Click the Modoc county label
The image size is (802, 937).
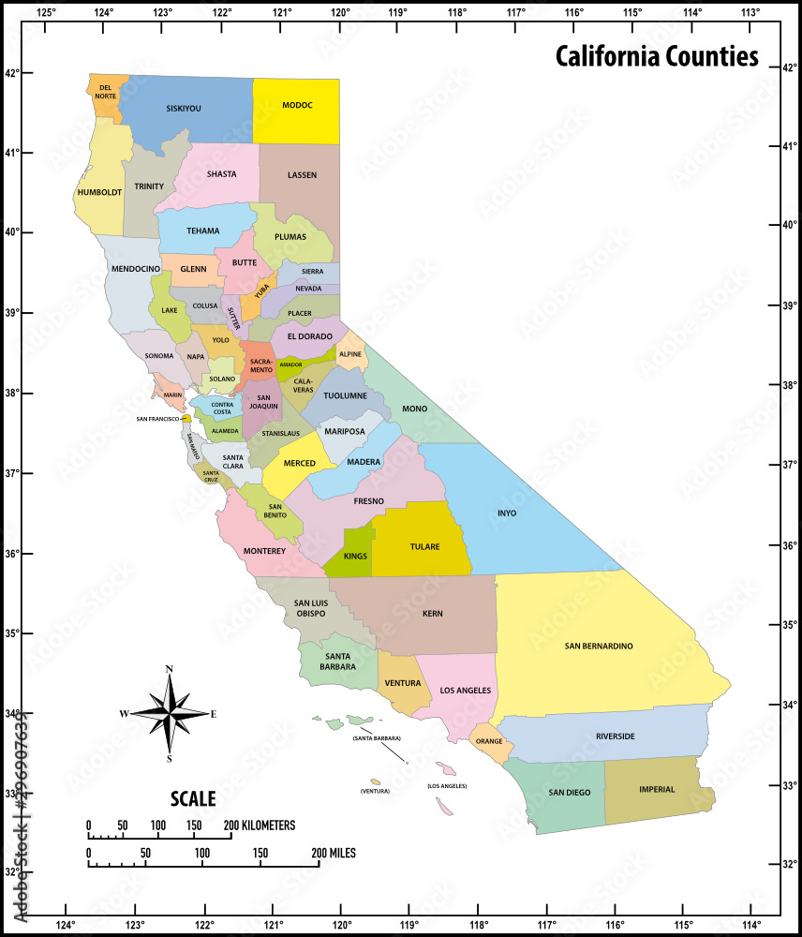coord(297,106)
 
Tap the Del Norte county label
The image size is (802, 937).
coord(106,92)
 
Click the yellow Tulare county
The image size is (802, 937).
coord(424,545)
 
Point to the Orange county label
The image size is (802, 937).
coord(489,740)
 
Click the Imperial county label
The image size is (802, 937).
coord(657,789)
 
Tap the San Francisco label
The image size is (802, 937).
coord(157,419)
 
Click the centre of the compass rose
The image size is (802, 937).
coord(169,714)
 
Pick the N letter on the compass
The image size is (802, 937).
coord(169,669)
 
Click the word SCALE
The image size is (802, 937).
coord(193,799)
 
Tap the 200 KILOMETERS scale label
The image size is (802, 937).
coord(260,825)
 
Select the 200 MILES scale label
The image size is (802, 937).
coord(334,854)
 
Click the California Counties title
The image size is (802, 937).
coord(657,56)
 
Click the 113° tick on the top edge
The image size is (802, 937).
coord(750,12)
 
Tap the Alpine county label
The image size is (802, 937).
coord(350,355)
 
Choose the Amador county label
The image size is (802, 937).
coord(290,364)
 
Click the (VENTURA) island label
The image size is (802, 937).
coord(375,792)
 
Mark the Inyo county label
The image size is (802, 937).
coord(506,513)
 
